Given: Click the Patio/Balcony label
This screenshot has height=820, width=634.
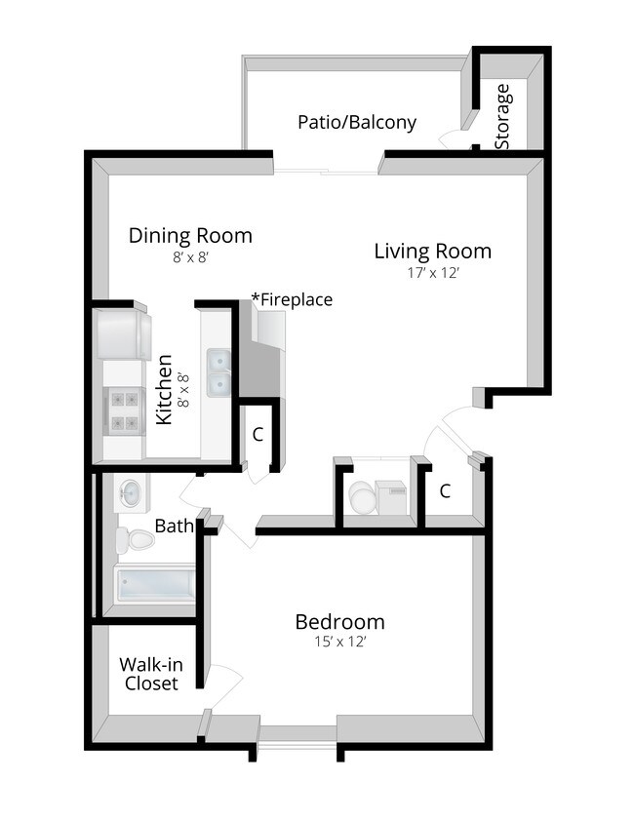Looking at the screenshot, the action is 357,123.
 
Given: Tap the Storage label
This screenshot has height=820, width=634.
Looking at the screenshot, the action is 502,117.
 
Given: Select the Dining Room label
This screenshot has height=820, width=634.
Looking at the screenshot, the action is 190,235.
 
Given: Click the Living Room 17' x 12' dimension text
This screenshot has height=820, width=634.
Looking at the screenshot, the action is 433,273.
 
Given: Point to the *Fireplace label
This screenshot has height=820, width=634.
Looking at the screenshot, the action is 292,299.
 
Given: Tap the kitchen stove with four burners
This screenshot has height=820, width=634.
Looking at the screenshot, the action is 124,411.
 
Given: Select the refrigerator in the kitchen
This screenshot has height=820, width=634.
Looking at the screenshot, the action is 124,334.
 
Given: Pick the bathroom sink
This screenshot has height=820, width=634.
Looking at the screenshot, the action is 131,493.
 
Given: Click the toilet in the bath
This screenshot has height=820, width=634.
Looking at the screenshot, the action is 135,540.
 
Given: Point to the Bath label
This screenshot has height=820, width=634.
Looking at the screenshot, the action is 175,527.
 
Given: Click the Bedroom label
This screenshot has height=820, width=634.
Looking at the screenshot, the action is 340,622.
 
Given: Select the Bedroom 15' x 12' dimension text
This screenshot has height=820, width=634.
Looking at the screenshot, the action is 340,642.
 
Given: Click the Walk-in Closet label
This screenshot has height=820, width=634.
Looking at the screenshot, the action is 151,674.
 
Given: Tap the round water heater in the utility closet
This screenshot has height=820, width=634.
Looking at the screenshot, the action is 362,497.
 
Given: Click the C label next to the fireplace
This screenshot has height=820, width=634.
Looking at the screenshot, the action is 258,435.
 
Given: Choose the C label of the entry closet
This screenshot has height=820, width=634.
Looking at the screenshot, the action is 445,491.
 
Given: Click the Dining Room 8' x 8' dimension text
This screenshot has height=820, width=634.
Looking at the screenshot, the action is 191,257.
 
